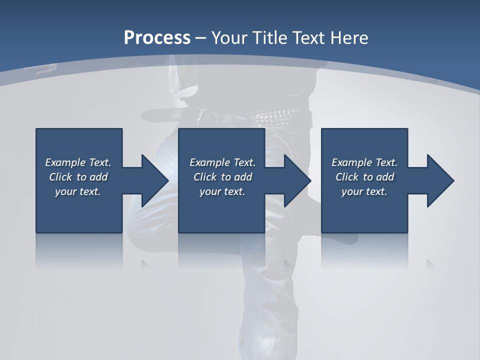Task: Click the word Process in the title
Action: [157, 38]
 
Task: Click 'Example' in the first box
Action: [65, 162]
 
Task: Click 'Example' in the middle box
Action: [210, 162]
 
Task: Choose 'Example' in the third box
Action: [352, 162]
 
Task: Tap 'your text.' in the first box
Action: [78, 191]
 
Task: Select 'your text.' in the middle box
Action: [222, 191]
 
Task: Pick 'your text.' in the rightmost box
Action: [364, 191]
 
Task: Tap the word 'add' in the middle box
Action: [243, 177]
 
